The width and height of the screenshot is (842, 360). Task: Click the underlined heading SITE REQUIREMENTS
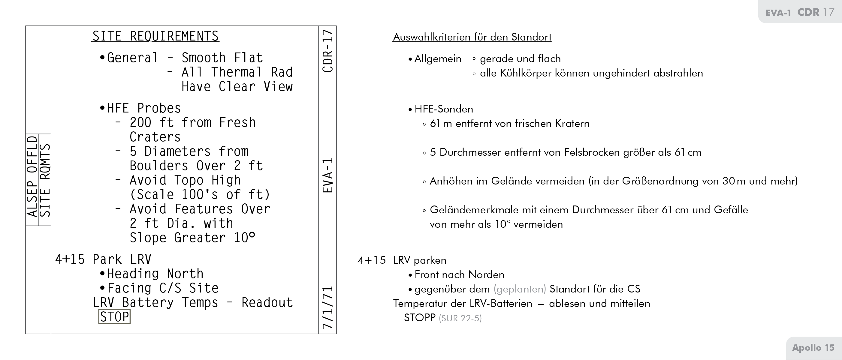(155, 36)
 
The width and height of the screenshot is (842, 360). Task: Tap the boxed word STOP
(114, 317)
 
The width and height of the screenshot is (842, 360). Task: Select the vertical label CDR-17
(327, 51)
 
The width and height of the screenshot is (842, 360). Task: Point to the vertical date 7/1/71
(327, 307)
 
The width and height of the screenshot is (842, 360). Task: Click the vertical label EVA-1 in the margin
(327, 175)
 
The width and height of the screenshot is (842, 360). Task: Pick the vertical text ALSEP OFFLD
(32, 176)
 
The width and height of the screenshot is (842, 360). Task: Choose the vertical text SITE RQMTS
(45, 180)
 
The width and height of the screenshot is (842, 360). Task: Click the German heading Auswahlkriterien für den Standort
(472, 37)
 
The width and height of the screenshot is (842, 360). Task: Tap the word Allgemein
(438, 59)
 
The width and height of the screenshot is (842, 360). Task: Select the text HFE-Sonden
(444, 109)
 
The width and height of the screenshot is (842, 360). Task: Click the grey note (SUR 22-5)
(460, 318)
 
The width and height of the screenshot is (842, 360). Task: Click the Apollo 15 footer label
(813, 348)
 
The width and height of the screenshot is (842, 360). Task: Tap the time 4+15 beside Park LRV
(70, 259)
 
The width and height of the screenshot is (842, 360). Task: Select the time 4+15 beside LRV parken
(372, 260)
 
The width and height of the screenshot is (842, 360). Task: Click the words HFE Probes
(144, 108)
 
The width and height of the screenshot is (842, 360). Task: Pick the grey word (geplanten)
(520, 289)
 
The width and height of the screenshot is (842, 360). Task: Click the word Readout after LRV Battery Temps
(267, 303)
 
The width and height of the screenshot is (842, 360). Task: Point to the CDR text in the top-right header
(808, 12)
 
